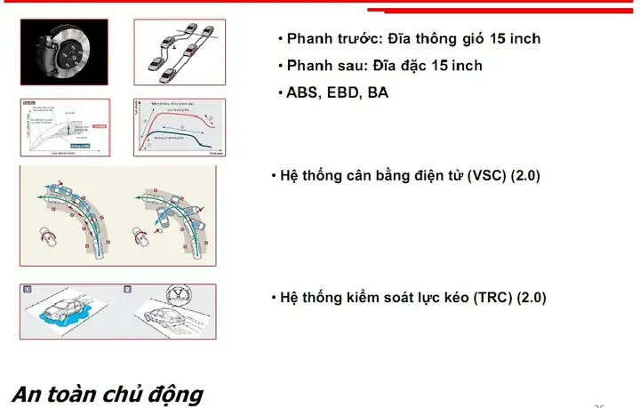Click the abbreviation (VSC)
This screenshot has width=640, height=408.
pyautogui.click(x=487, y=176)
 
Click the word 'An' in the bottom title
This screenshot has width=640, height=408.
pyautogui.click(x=28, y=394)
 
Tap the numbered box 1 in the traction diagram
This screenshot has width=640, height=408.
pyautogui.click(x=27, y=290)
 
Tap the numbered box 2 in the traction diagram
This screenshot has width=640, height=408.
pyautogui.click(x=127, y=290)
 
